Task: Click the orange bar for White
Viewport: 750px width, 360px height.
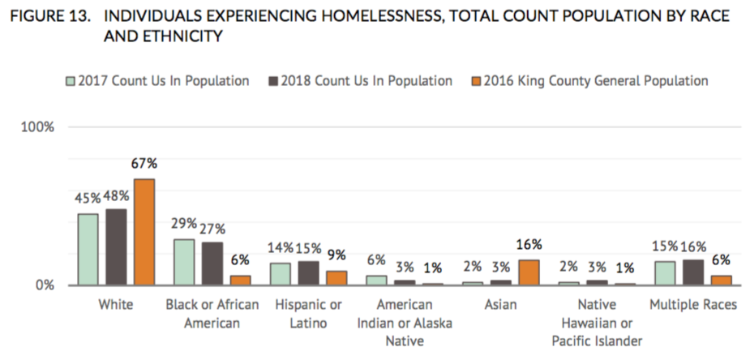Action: coord(144,232)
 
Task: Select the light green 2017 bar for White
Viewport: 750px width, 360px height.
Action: coord(88,250)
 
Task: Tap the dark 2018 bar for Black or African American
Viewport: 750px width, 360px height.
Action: coord(212,264)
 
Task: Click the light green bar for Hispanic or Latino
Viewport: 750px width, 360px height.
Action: coord(280,274)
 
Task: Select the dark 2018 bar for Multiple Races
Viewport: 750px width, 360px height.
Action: coord(693,272)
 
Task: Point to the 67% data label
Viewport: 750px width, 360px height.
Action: coord(144,164)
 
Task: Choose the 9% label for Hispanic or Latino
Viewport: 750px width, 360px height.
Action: coord(336,255)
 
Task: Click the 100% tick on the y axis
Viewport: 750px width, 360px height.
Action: coord(37,127)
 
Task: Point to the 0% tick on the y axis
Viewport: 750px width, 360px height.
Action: coord(45,285)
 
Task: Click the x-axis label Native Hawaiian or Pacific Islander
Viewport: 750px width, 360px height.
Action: coord(598,323)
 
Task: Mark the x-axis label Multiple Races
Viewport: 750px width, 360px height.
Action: coord(693,305)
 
